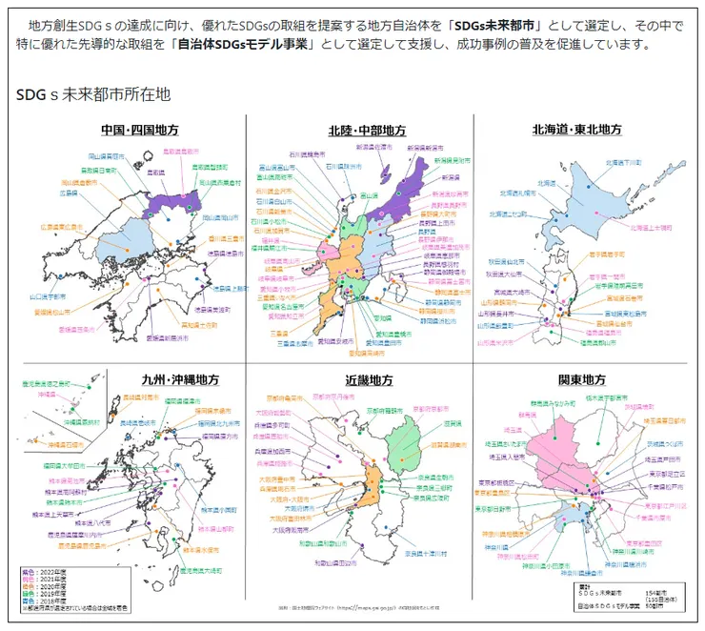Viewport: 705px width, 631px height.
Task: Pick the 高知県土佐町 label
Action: click(x=196, y=324)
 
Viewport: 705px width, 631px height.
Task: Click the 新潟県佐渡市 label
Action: click(x=373, y=148)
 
